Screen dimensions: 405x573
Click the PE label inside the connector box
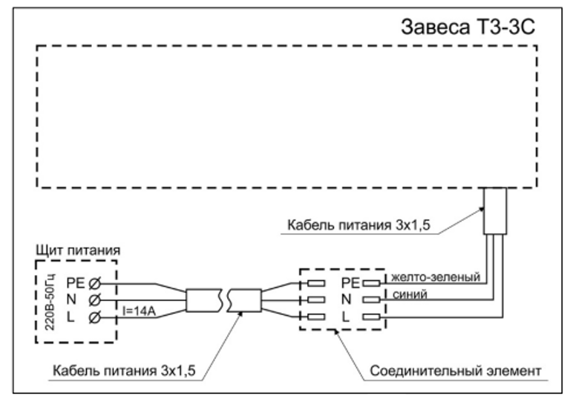pyautogui.click(x=350, y=282)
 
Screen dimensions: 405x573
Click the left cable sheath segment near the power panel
pyautogui.click(x=199, y=300)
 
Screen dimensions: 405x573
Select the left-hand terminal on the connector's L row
pyautogui.click(x=315, y=318)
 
